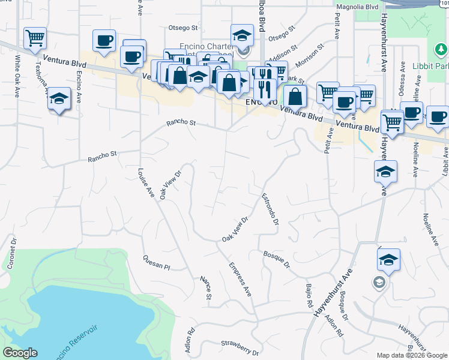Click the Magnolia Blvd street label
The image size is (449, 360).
pos(357,7)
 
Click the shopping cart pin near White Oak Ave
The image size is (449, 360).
pos(35,38)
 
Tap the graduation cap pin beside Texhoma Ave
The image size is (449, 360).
pos(59,98)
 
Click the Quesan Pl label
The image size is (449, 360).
pos(157,262)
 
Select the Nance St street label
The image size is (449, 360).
pos(205,288)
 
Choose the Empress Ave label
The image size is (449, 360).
pos(240,280)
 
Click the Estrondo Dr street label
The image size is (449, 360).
pos(270,209)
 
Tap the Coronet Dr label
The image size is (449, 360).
pos(11,255)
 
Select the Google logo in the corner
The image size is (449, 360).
pos(20,353)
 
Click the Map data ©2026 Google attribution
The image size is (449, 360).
pos(412,355)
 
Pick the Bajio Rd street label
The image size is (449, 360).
pos(310,296)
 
